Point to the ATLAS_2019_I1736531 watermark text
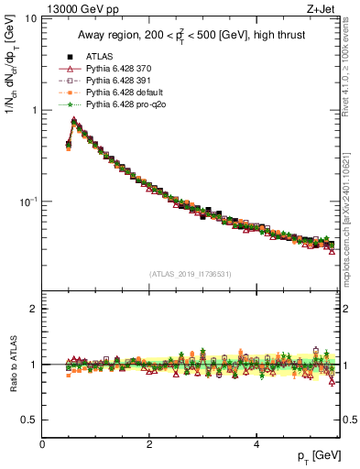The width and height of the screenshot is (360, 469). click(x=191, y=274)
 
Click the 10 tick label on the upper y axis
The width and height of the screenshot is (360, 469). click(x=31, y=19)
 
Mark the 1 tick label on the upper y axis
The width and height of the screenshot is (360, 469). click(x=34, y=110)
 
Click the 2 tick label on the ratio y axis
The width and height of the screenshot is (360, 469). click(x=34, y=309)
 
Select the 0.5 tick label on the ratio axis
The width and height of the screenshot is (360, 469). click(x=29, y=420)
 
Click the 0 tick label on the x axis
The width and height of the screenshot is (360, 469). click(x=42, y=443)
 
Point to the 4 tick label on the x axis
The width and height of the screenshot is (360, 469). click(x=256, y=443)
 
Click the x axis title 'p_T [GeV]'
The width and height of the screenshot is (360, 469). click(x=317, y=456)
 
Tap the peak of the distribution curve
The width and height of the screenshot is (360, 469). click(x=74, y=120)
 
